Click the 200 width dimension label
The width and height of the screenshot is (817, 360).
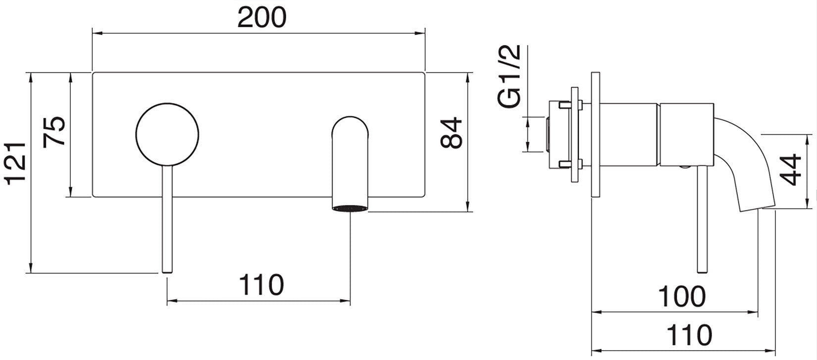click(x=262, y=17)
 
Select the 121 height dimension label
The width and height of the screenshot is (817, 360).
click(x=16, y=163)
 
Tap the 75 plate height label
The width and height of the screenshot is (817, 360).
click(x=54, y=132)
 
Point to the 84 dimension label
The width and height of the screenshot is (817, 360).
click(x=451, y=133)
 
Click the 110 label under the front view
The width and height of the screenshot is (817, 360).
click(x=261, y=285)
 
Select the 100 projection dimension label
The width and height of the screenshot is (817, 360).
click(x=682, y=297)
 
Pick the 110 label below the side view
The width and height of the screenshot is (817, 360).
click(x=689, y=335)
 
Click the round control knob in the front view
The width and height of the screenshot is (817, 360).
click(x=167, y=135)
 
